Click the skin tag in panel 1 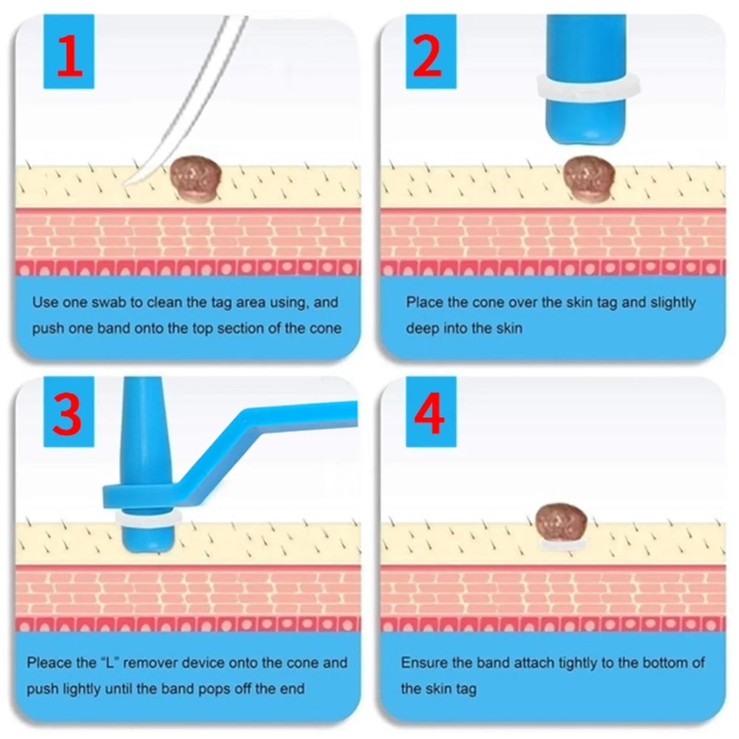(x=195, y=178)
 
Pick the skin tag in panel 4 (x=562, y=522)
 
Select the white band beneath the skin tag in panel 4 (x=562, y=546)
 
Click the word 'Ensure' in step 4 (x=424, y=663)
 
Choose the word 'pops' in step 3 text (x=212, y=689)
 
